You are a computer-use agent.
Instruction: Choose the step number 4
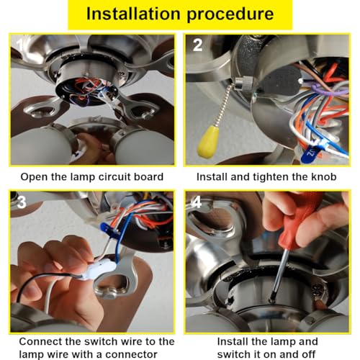[x=197, y=204]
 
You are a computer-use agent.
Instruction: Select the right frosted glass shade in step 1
[x=148, y=148]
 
